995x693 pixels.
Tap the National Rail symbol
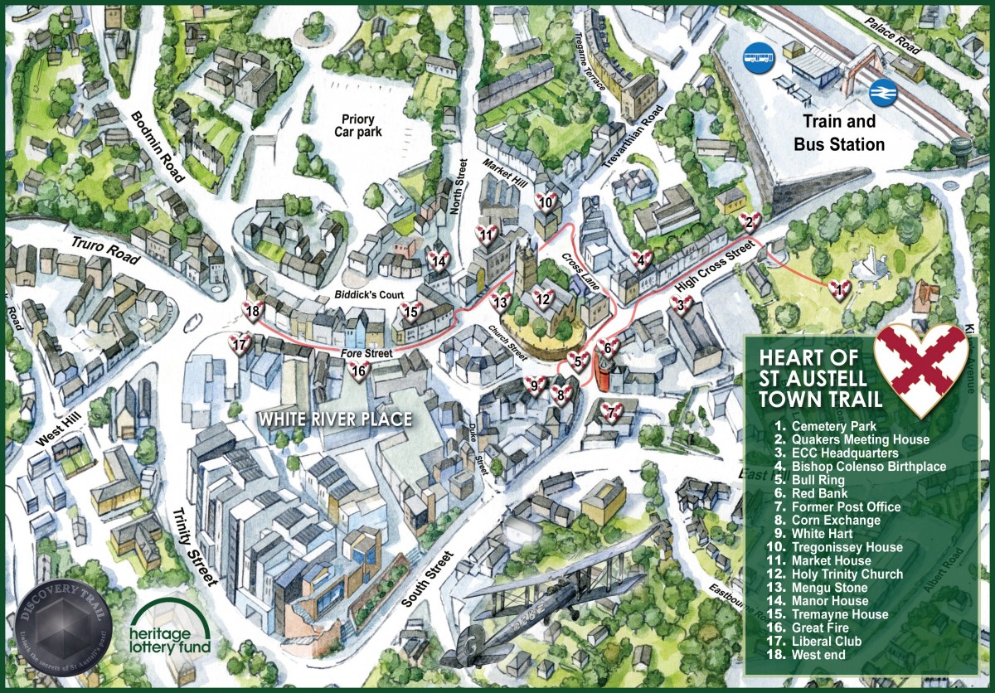881,93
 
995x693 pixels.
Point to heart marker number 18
254,312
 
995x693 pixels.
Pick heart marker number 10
546,201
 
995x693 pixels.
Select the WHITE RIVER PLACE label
334,419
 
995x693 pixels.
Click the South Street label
428,579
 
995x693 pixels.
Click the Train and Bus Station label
839,133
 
